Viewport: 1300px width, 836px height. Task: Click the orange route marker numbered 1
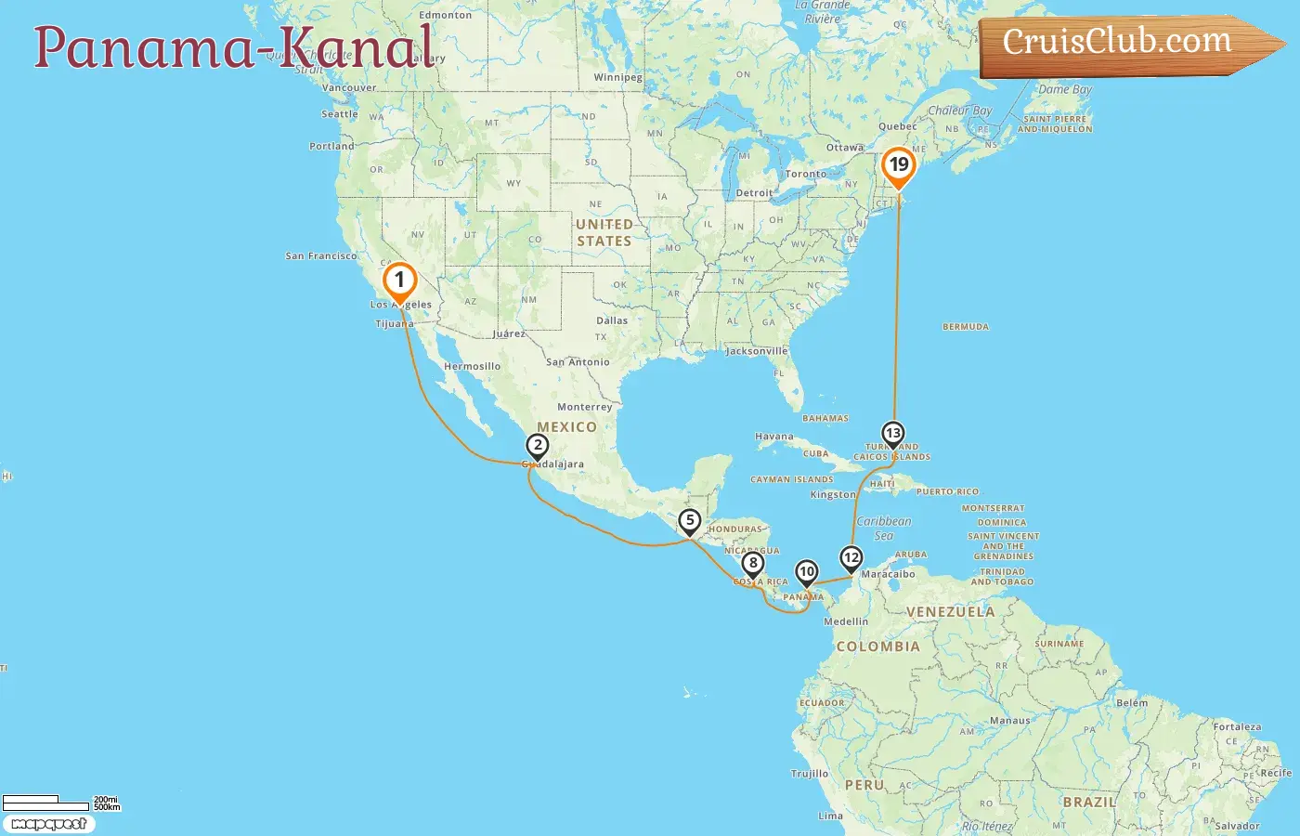click(399, 280)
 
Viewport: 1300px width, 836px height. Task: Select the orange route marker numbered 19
click(898, 166)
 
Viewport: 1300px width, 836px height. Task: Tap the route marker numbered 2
click(537, 446)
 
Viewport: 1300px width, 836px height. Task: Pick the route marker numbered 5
click(689, 521)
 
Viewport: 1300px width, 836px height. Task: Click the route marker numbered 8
click(753, 563)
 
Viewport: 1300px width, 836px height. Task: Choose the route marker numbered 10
click(807, 572)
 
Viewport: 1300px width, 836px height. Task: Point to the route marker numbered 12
click(851, 558)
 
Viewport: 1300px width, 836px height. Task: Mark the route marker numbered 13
click(892, 434)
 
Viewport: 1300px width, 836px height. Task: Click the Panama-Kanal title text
click(234, 46)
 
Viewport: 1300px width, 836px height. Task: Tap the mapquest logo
click(48, 824)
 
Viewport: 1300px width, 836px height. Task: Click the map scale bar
click(46, 803)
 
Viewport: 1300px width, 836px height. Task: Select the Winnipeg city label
click(617, 77)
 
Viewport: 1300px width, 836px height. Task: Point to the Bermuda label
click(966, 327)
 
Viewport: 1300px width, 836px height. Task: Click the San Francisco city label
click(320, 255)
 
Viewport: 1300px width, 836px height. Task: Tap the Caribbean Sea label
click(883, 529)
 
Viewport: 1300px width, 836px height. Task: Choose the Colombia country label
click(877, 647)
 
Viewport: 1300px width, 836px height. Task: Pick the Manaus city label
click(1009, 720)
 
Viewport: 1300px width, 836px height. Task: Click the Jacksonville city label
click(756, 351)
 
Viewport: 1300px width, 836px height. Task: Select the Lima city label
click(830, 816)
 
